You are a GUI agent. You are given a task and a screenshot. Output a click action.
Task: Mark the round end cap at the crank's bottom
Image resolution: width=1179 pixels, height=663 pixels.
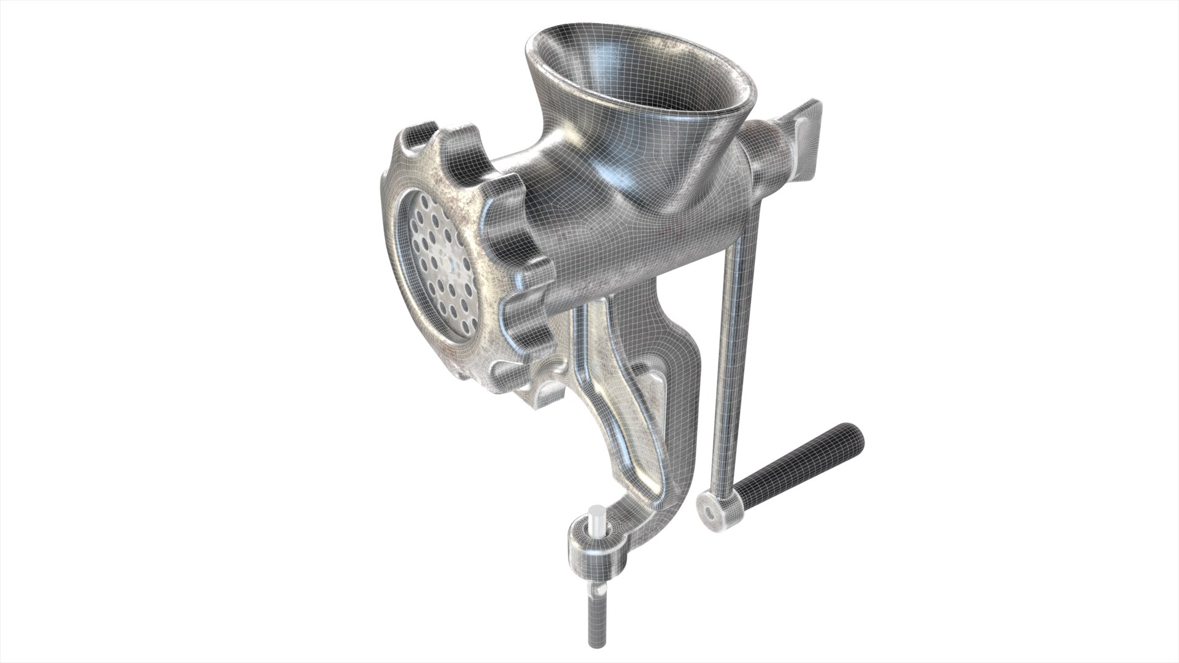[x=712, y=492]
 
